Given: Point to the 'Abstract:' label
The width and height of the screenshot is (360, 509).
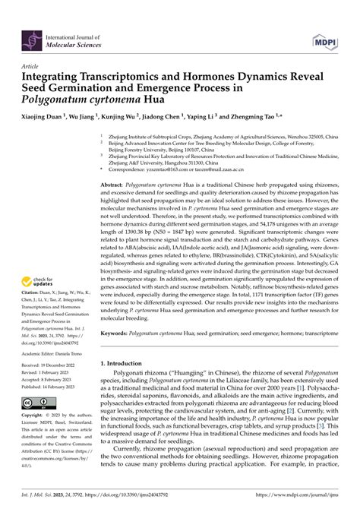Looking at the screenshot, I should pyautogui.click(x=117, y=185).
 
